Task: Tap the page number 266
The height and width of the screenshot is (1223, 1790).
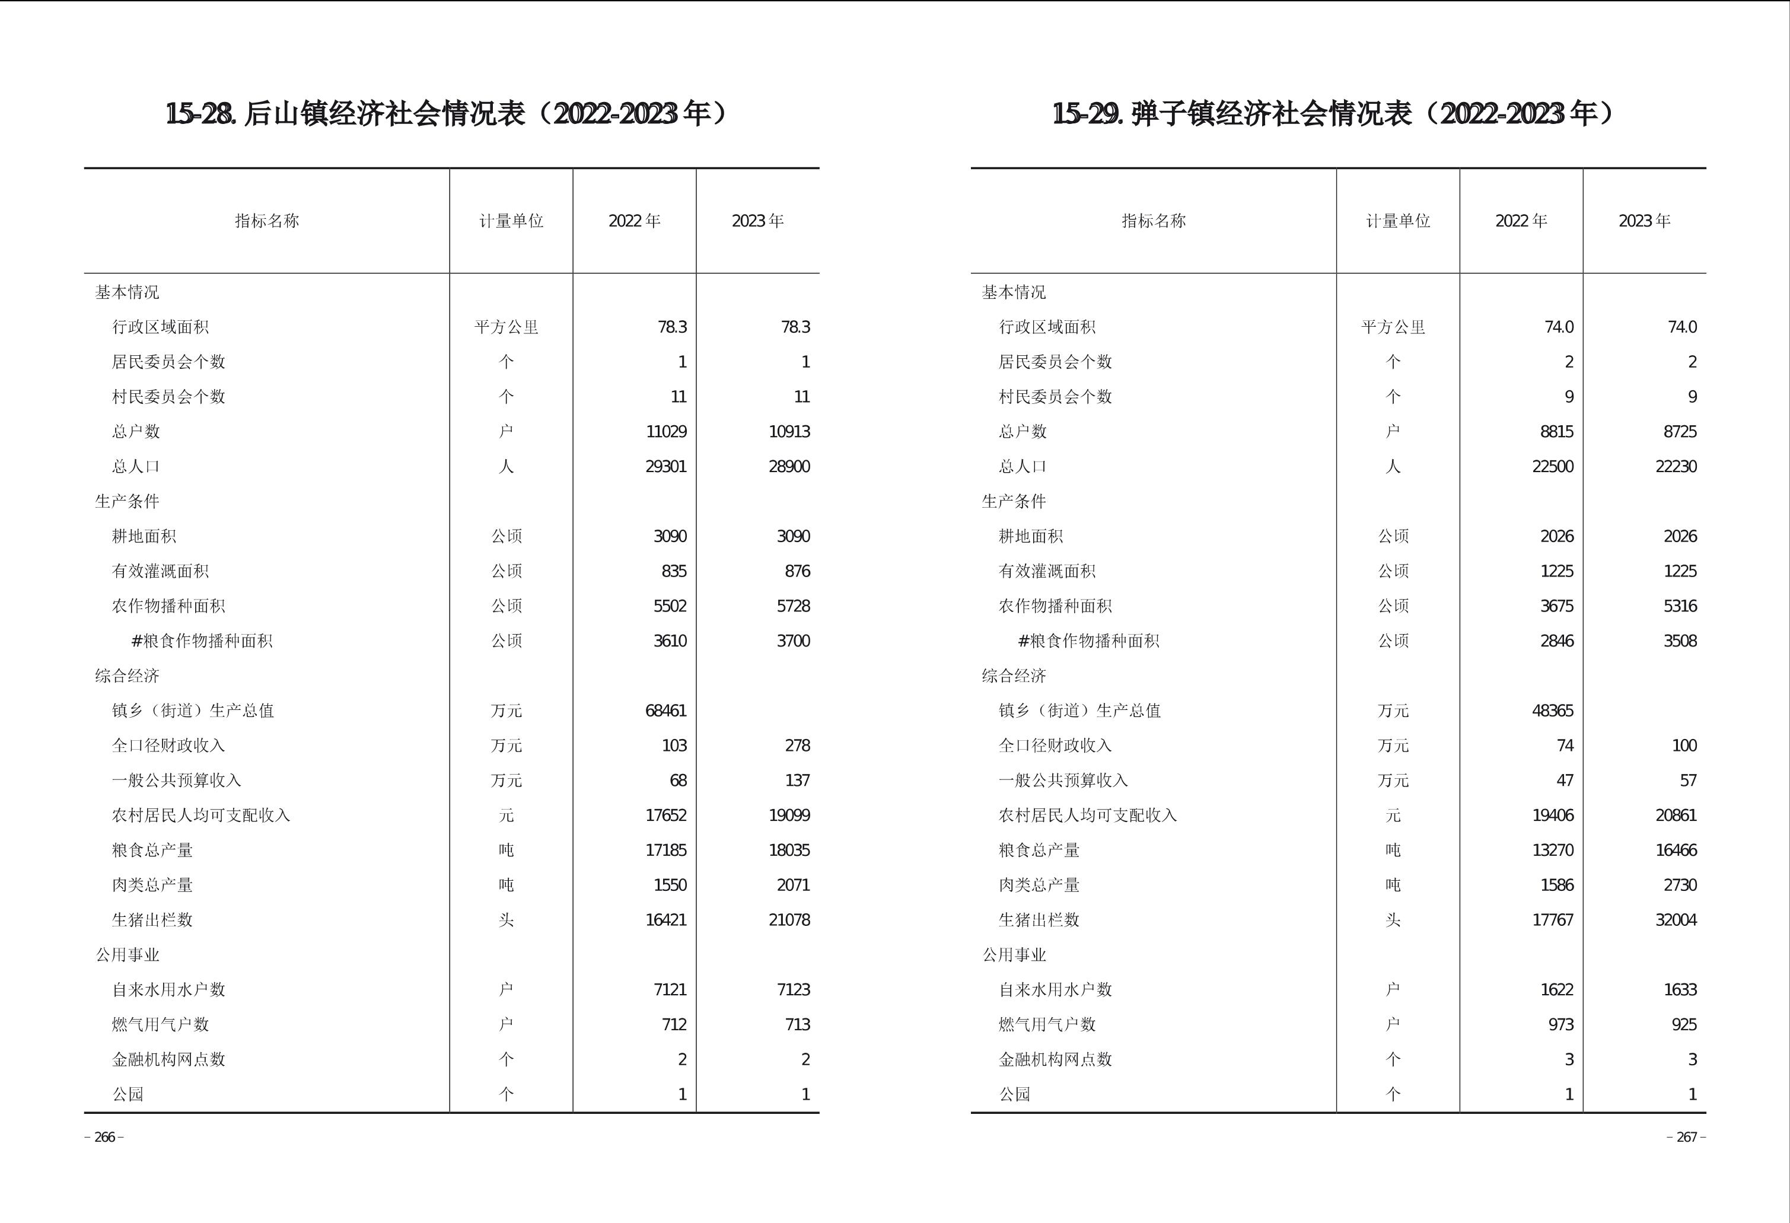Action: coord(104,1138)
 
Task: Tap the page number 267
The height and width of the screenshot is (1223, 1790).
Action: coord(1686,1138)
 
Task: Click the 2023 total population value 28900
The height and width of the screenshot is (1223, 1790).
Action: coord(789,467)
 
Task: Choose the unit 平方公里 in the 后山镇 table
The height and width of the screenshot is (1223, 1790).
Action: coord(506,327)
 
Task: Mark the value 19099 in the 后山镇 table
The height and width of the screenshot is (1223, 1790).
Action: coord(789,816)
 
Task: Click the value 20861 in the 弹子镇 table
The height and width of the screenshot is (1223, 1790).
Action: coord(1676,816)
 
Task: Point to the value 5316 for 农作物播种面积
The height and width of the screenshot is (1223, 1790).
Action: coord(1679,606)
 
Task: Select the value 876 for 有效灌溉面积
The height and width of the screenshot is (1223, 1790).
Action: coord(797,571)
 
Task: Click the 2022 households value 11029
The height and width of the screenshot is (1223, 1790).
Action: coord(665,432)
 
